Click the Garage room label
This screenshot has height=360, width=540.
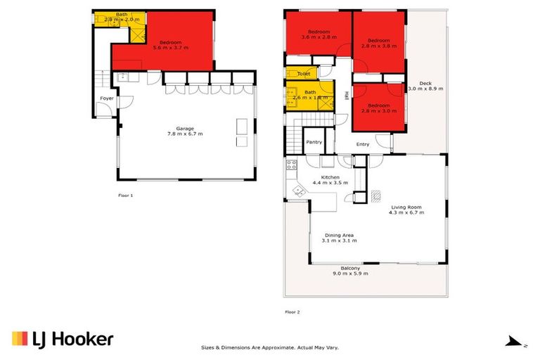(185, 129)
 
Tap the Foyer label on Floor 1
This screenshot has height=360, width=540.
(107, 98)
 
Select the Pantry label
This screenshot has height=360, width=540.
(314, 142)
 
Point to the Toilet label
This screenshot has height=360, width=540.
(304, 74)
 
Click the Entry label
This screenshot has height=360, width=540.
(363, 145)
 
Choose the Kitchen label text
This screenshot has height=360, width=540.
(330, 177)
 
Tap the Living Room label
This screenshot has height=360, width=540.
(407, 207)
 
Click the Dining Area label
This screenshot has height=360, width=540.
(339, 235)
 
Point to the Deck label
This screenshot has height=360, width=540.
(425, 83)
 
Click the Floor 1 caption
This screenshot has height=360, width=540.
(126, 195)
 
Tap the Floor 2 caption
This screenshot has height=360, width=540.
(292, 311)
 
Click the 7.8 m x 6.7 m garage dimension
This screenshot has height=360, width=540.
(185, 134)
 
